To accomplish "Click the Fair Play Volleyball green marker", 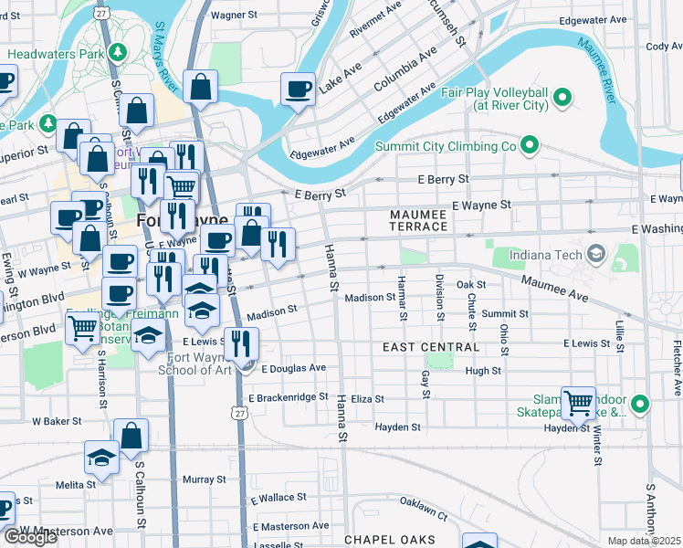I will [x=563, y=96].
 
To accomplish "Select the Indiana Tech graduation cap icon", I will [x=597, y=253].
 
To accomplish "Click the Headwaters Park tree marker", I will [x=117, y=52].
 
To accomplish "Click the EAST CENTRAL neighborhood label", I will [x=431, y=347].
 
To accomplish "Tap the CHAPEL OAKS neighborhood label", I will [x=389, y=540].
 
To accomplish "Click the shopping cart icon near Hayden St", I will [x=578, y=403].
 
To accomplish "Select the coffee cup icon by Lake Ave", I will [x=298, y=90].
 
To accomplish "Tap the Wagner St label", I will [x=236, y=16].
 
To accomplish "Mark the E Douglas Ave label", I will [x=293, y=368].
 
